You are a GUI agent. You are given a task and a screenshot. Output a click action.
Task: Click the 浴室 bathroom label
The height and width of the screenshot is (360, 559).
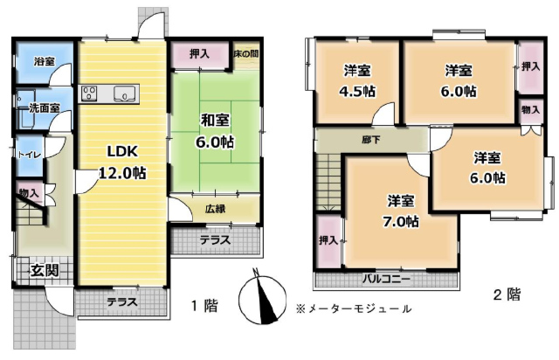[x=45, y=61]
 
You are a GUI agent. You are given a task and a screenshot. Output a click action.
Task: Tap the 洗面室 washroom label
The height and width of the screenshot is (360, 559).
[x=45, y=108]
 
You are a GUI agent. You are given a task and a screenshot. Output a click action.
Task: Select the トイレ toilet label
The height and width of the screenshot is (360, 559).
[x=30, y=155]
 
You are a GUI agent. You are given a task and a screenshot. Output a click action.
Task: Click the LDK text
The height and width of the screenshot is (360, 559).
[x=122, y=152]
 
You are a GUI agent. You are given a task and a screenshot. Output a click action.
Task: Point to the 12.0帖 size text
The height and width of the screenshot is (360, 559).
[x=122, y=173]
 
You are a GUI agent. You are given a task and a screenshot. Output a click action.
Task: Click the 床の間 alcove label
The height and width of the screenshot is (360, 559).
[x=246, y=54]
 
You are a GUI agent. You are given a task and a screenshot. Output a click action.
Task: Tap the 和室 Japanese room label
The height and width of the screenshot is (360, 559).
[x=215, y=121]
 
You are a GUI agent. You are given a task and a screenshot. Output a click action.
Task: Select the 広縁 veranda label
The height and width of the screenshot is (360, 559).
[x=216, y=208]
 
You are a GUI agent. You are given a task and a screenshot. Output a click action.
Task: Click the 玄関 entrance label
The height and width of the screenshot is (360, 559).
[x=45, y=271]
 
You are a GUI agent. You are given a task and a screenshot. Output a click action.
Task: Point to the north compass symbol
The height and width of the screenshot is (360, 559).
[x=263, y=299]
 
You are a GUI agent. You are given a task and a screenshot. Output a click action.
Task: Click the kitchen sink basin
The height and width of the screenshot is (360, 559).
[x=124, y=93]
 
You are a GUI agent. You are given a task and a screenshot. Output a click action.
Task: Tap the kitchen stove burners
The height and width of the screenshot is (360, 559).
[x=88, y=93]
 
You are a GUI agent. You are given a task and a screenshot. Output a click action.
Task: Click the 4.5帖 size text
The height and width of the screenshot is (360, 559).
[x=357, y=92]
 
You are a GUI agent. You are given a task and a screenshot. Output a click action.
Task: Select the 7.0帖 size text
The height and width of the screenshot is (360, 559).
[x=401, y=222]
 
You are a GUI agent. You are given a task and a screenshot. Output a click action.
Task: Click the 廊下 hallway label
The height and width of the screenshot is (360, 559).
[x=370, y=140]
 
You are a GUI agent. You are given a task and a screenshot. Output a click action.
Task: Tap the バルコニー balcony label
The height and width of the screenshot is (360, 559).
[x=386, y=279]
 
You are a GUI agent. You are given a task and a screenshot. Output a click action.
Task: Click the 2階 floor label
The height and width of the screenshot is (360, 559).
[x=507, y=294]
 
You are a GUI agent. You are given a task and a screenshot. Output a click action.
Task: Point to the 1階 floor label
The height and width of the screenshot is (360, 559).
[x=204, y=306]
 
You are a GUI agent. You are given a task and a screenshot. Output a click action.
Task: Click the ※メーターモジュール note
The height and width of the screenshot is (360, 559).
[x=354, y=308]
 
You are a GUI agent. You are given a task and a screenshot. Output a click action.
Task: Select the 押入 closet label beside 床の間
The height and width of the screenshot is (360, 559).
[x=199, y=54]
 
